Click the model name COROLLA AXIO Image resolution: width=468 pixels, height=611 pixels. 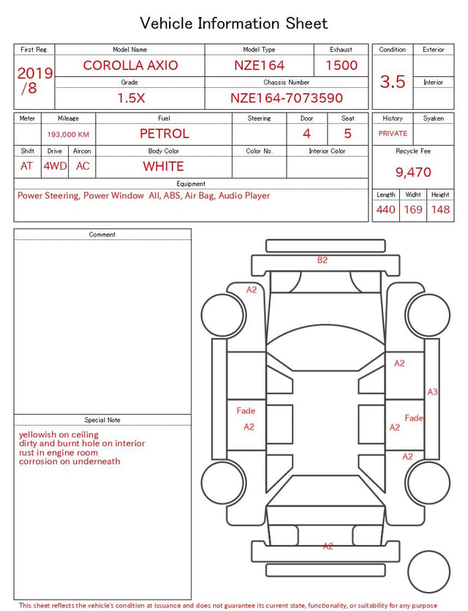click(x=130, y=65)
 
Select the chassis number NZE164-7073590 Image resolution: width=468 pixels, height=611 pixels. click(x=287, y=98)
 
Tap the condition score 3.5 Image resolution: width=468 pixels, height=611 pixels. click(x=393, y=81)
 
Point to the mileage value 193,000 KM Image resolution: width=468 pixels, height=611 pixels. click(x=68, y=135)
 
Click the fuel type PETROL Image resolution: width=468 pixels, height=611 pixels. click(x=165, y=134)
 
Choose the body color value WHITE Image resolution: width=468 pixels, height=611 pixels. click(x=163, y=166)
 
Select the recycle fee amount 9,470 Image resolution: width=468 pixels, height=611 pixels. click(x=413, y=172)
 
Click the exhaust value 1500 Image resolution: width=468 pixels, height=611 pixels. click(x=341, y=65)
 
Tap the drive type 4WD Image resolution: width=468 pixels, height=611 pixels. click(x=55, y=166)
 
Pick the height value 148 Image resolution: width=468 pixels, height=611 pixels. click(x=440, y=209)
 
